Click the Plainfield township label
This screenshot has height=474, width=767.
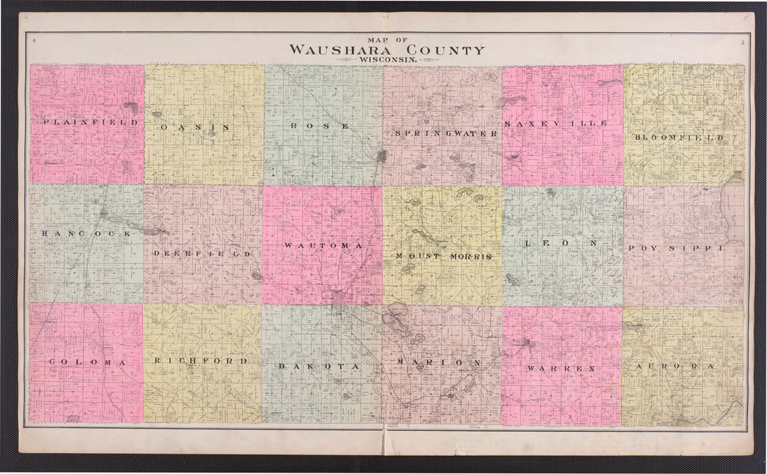[x=91, y=122]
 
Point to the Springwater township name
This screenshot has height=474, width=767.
[x=446, y=133]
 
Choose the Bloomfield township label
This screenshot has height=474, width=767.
[x=678, y=138]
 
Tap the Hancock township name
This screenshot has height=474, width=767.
[x=86, y=234]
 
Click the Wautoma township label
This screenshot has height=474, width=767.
[x=323, y=246]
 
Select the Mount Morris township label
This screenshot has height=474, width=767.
[x=444, y=256]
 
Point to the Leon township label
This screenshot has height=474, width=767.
[x=561, y=244]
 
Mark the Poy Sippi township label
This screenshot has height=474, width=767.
[x=676, y=248]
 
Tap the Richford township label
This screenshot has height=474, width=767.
[x=201, y=361]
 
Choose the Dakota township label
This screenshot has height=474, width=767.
[x=318, y=366]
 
